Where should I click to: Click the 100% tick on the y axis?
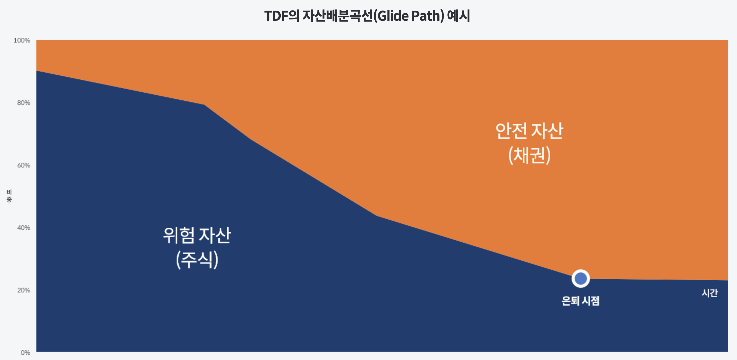tap(22, 40)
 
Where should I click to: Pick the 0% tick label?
tap(25, 353)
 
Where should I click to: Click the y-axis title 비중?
tap(9, 196)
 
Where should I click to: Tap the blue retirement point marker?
tap(581, 278)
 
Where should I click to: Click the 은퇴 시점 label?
tap(580, 301)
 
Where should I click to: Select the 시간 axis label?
tap(710, 293)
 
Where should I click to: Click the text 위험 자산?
tap(197, 235)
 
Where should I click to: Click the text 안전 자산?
tap(529, 131)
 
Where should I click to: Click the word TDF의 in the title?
tap(281, 16)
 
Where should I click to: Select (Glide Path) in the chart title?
tap(409, 16)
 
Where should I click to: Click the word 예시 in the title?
tap(458, 16)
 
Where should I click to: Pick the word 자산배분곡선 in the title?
tap(338, 16)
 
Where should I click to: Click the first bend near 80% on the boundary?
tap(204, 105)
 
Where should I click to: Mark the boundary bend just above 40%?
tap(376, 216)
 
